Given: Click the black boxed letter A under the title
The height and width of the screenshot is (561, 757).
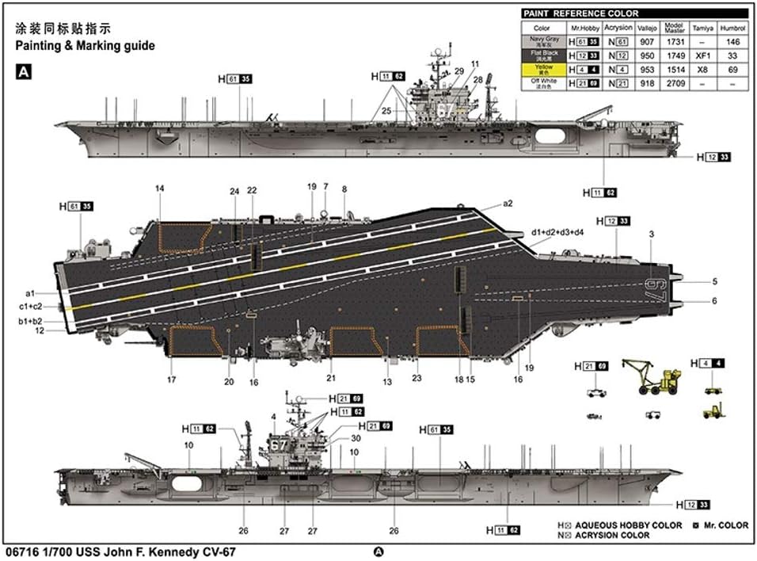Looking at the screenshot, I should click(23, 71).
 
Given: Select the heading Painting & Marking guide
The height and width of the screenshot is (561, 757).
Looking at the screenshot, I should click(85, 46).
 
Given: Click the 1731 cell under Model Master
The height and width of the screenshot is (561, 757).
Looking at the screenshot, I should click(675, 42).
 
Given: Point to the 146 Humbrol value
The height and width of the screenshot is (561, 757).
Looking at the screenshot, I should click(732, 42).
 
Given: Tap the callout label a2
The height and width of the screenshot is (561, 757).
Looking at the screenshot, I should click(508, 204).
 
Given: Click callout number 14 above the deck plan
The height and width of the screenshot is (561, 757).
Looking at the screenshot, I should click(160, 189).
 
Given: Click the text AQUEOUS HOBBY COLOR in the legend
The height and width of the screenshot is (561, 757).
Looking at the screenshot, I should click(629, 525).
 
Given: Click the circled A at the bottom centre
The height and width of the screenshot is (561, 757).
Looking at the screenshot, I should click(378, 552).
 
